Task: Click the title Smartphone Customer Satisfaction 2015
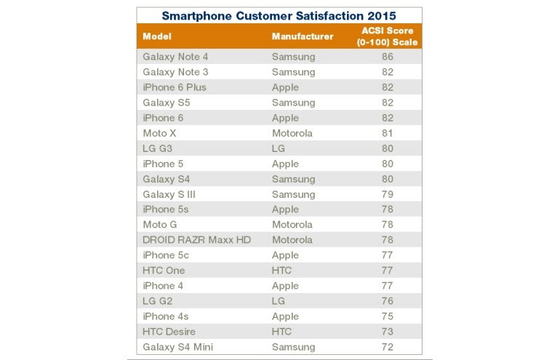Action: [x=279, y=15]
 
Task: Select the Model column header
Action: [x=157, y=36]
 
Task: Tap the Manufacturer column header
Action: [x=303, y=36]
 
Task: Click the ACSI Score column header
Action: [x=388, y=36]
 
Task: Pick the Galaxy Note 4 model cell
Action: [x=175, y=57]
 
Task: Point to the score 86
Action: [x=388, y=57]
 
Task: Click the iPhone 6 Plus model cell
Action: [x=175, y=87]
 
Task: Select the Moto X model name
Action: [x=159, y=133]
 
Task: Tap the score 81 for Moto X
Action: [x=388, y=133]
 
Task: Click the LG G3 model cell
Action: [x=157, y=148]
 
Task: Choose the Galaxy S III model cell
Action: [x=169, y=194]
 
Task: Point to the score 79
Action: [x=388, y=194]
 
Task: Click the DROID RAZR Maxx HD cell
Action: [x=196, y=240]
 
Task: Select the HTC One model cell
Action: [x=164, y=271]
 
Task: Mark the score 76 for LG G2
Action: [x=388, y=301]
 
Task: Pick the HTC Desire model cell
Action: [x=170, y=332]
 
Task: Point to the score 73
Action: [x=388, y=332]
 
